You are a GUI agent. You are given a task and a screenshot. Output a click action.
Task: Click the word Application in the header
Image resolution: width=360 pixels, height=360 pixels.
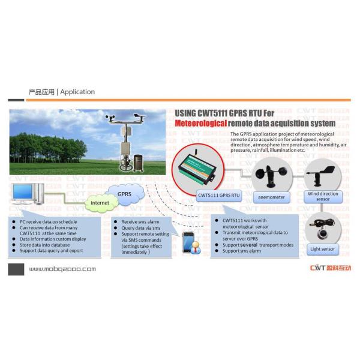tap(77, 92)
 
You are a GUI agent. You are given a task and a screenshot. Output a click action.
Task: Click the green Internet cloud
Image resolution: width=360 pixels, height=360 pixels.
tap(101, 203)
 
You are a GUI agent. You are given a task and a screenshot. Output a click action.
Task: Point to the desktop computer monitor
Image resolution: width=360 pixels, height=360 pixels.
tap(23, 193)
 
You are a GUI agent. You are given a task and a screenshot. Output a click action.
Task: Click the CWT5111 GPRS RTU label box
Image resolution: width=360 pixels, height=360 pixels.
tap(218, 195)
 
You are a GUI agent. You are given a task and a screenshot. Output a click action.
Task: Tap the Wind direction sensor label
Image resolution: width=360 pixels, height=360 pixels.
tap(323, 196)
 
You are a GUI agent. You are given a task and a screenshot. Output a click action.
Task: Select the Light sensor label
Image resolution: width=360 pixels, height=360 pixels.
tap(323, 248)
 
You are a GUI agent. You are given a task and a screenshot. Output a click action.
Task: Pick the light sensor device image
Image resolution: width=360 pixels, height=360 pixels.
tap(323, 229)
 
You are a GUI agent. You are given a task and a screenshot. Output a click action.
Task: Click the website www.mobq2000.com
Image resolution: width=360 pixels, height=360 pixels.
tap(62, 269)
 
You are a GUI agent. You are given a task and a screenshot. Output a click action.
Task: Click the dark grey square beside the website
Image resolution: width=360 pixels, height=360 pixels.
tap(16, 269)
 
